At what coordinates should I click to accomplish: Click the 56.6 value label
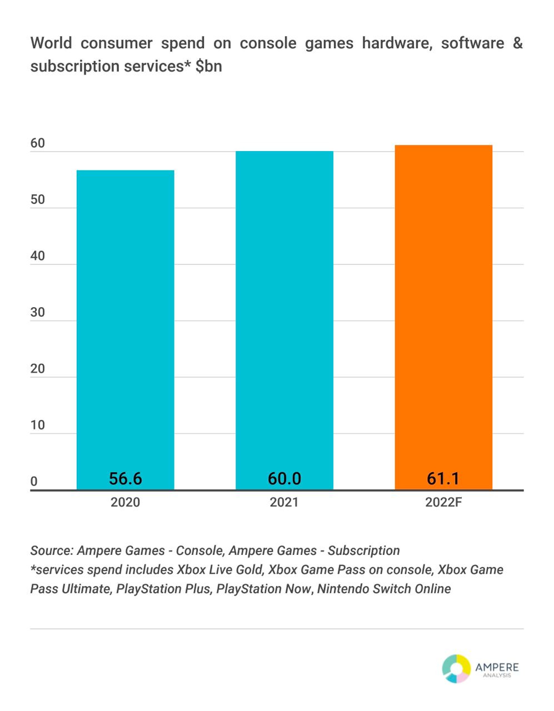tap(126, 478)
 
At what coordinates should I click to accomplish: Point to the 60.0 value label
tap(285, 478)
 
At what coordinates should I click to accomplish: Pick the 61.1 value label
tap(443, 478)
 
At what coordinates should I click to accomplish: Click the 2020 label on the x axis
tap(126, 503)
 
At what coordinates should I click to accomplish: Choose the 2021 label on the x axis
tap(285, 503)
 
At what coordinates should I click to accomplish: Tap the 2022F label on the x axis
tap(444, 503)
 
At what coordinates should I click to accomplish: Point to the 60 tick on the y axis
tap(38, 143)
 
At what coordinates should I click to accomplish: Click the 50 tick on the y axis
tap(38, 200)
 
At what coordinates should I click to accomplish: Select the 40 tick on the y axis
tap(38, 256)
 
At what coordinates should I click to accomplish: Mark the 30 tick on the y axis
tap(38, 313)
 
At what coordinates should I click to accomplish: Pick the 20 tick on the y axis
tap(38, 369)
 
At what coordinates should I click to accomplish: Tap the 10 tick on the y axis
tap(38, 425)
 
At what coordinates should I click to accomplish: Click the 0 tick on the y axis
tap(34, 482)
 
